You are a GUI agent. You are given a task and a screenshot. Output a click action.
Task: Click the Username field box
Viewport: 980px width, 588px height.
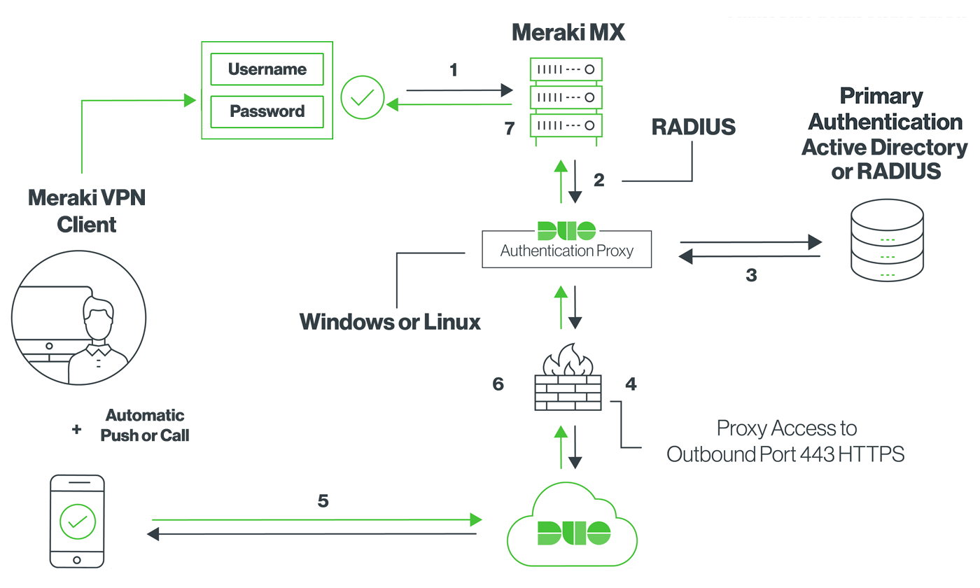pos(267,69)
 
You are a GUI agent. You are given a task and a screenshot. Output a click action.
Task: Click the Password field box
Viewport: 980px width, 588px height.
pos(267,111)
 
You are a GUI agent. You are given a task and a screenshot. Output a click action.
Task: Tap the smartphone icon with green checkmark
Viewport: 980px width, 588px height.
pos(77,521)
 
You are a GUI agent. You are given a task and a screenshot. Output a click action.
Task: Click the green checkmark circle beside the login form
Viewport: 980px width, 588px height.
pos(362,97)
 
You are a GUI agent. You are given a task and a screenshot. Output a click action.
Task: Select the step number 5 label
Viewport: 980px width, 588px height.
pos(323,501)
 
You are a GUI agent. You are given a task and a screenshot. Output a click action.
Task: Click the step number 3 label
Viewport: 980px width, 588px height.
pos(751,275)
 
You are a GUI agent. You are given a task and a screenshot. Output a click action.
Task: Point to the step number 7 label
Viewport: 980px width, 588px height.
pos(509,129)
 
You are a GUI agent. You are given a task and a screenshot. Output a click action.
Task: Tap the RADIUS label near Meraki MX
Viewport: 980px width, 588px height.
pos(693,127)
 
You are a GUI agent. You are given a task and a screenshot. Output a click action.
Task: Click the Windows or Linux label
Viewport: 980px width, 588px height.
pos(390,322)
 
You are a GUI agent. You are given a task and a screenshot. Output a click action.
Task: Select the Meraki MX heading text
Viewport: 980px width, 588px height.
pos(568,32)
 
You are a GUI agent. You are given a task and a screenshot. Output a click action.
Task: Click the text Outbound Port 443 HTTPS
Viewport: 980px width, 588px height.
pos(785,454)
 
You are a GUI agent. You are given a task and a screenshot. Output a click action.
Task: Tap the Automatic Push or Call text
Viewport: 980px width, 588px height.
pos(145,426)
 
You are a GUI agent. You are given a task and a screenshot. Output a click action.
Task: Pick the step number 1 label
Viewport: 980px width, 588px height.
pos(454,70)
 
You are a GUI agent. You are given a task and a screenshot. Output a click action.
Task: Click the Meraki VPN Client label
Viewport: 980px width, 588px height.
pos(86,211)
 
